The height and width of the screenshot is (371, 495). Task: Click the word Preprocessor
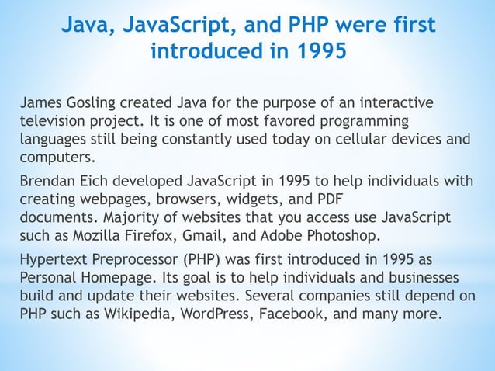pos(141,261)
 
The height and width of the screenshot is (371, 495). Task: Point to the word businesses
pos(419,279)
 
